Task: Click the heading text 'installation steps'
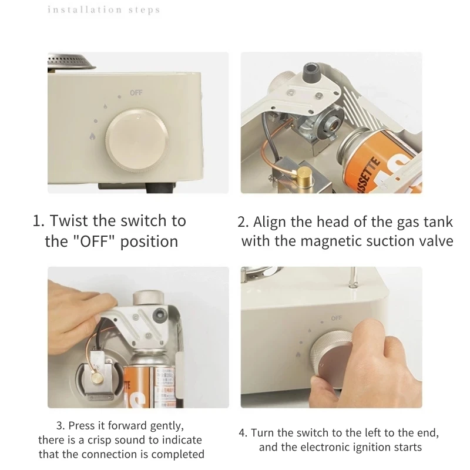pyautogui.click(x=104, y=10)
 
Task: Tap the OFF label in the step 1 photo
pyautogui.click(x=136, y=93)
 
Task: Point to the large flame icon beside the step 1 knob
pyautogui.click(x=92, y=136)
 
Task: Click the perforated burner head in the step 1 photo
pyautogui.click(x=71, y=62)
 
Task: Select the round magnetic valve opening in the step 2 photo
pyautogui.click(x=333, y=122)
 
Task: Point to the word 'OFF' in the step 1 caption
pyautogui.click(x=94, y=241)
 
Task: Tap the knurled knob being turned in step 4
pyautogui.click(x=331, y=360)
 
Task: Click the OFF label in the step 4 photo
pyautogui.click(x=336, y=318)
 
